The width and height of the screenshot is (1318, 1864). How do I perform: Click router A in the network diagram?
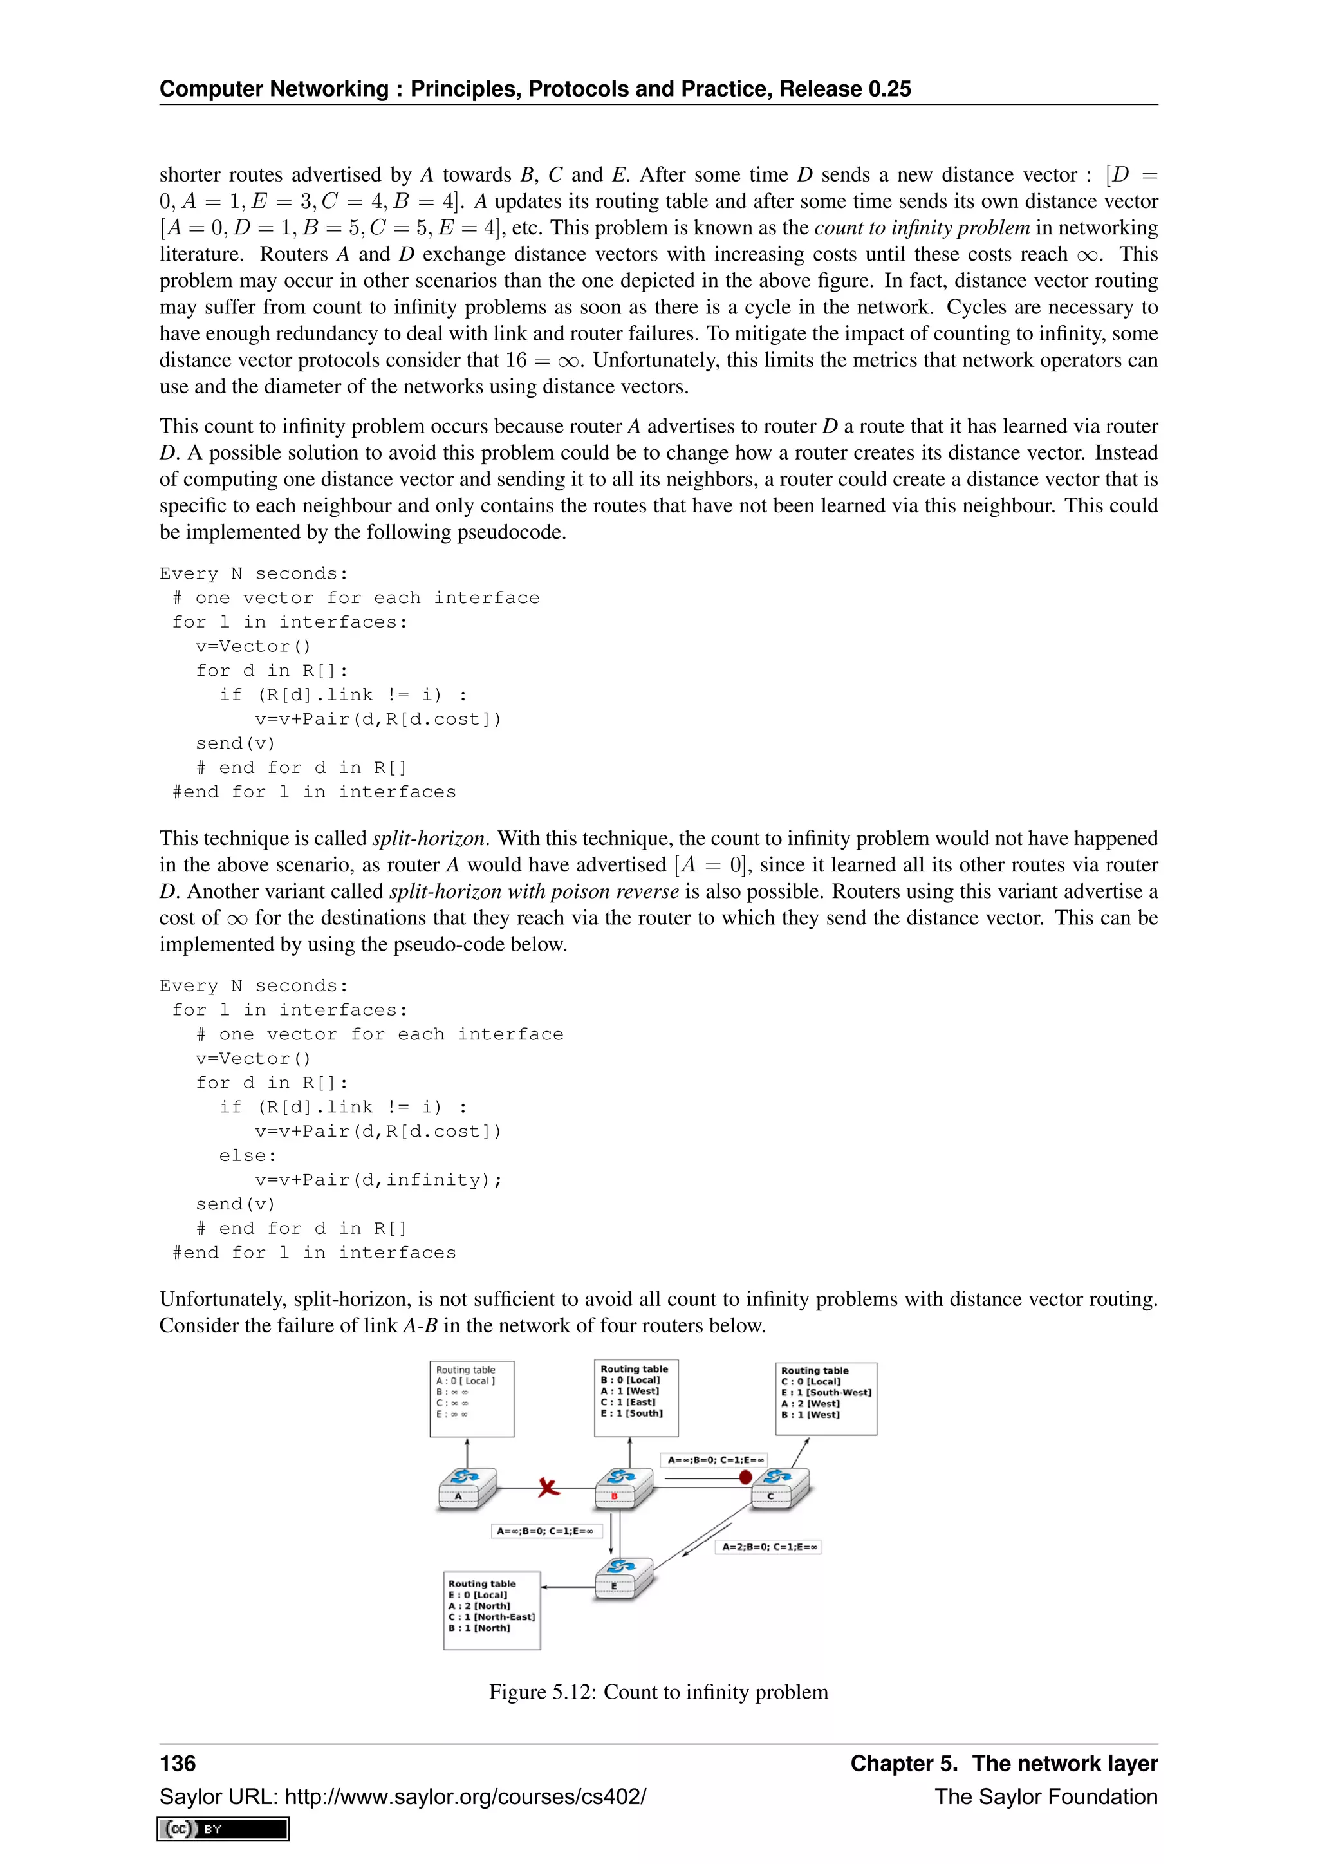pyautogui.click(x=467, y=1488)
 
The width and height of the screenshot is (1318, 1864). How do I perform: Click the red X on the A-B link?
pyautogui.click(x=548, y=1487)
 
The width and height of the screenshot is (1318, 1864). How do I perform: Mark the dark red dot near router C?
pyautogui.click(x=745, y=1478)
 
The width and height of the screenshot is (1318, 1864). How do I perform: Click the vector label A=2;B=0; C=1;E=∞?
pyautogui.click(x=768, y=1547)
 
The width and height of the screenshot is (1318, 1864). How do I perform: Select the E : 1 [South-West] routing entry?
pyautogui.click(x=826, y=1392)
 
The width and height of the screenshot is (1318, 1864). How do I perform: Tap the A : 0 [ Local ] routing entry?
pyautogui.click(x=465, y=1381)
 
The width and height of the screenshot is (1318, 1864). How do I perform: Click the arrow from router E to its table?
pyautogui.click(x=568, y=1587)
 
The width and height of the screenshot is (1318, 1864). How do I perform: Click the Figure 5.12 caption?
pyautogui.click(x=658, y=1692)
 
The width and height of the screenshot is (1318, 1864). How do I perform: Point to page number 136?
pyautogui.click(x=178, y=1764)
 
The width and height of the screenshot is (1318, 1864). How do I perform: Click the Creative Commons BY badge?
pyautogui.click(x=223, y=1829)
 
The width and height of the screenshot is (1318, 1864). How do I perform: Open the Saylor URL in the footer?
pyautogui.click(x=466, y=1796)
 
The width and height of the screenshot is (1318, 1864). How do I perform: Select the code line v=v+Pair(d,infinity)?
pyautogui.click(x=378, y=1180)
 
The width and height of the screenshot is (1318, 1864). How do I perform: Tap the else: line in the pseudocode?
pyautogui.click(x=248, y=1155)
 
